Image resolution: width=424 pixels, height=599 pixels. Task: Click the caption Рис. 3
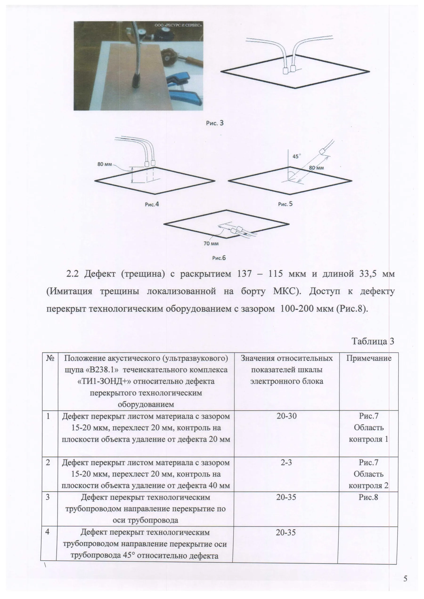point(215,123)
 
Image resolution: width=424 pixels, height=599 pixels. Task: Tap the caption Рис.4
point(152,204)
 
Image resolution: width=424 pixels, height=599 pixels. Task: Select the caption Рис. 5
point(285,204)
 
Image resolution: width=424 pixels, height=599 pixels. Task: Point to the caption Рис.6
point(219,258)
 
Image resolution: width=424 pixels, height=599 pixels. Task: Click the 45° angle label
point(297,157)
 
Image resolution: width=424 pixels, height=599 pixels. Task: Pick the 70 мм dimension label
point(211,244)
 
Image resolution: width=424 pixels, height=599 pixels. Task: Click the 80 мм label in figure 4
point(104,164)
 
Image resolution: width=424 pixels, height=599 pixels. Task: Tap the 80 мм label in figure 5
point(316,168)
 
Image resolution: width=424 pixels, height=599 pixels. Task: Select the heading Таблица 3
point(373,341)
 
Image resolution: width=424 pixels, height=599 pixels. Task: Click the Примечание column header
point(369,358)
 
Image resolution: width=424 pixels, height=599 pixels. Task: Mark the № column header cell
point(50,358)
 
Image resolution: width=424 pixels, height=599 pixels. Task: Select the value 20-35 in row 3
point(286,497)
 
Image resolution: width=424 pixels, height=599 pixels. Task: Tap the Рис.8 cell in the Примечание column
point(368,497)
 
